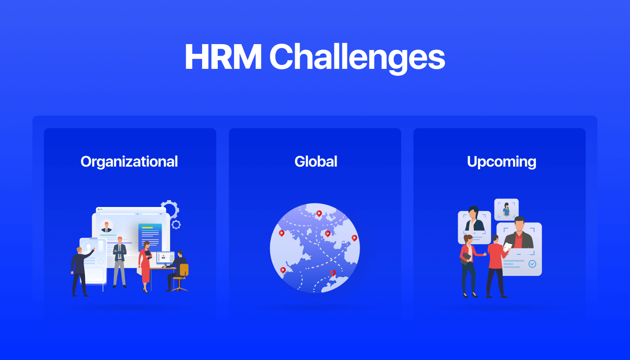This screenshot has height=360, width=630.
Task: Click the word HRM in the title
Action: point(223,57)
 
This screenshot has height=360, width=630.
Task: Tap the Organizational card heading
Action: point(129,162)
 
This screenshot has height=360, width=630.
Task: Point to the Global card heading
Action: point(315,162)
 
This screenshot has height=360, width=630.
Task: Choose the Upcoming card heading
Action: point(501,162)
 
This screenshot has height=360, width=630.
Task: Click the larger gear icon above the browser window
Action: point(170,209)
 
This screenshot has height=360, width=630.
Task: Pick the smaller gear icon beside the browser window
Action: point(176,224)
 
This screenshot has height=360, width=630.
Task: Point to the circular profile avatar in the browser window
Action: point(107,226)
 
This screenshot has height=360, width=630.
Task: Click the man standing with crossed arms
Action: point(119,261)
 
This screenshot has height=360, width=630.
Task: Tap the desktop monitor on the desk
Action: point(165,258)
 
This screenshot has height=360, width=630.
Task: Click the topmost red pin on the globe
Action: point(319,213)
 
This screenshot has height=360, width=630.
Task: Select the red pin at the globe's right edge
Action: point(354,238)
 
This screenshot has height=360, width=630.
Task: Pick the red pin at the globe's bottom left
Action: point(283,270)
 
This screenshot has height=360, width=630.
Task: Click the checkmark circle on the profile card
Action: point(532,264)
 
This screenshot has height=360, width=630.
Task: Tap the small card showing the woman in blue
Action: point(506,210)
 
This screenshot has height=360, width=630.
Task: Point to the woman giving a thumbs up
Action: point(468,265)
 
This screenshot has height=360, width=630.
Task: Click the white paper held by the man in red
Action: point(507,247)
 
